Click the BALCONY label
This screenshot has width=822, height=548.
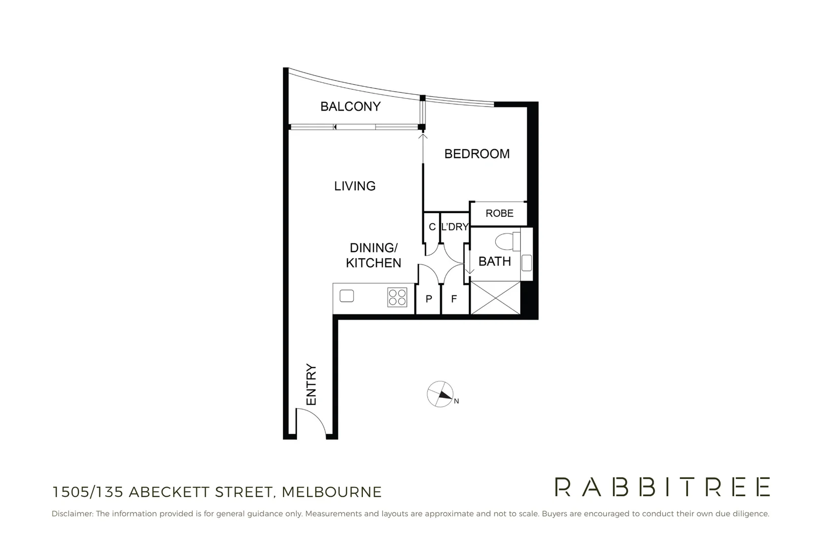pos(350,107)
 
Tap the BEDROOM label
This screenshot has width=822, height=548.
pos(477,154)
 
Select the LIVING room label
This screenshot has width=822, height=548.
pos(355,186)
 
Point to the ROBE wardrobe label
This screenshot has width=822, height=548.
pos(499,214)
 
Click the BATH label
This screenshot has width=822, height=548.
pos(494,261)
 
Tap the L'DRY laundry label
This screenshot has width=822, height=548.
pos(454,227)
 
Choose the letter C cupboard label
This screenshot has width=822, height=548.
pos(432,227)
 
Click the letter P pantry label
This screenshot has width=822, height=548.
pos(429,299)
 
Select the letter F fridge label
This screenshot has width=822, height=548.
pos(454,299)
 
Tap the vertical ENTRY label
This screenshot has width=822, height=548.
pos(311,385)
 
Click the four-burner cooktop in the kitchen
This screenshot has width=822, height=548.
pos(397,297)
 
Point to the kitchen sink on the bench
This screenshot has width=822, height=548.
pos(347,295)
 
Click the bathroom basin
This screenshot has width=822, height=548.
pos(526,263)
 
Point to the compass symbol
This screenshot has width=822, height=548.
pos(440,394)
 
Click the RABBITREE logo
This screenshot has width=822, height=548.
pos(662,487)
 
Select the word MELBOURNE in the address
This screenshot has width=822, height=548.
pos(331,492)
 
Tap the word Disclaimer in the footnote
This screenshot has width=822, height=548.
pos(72,513)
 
